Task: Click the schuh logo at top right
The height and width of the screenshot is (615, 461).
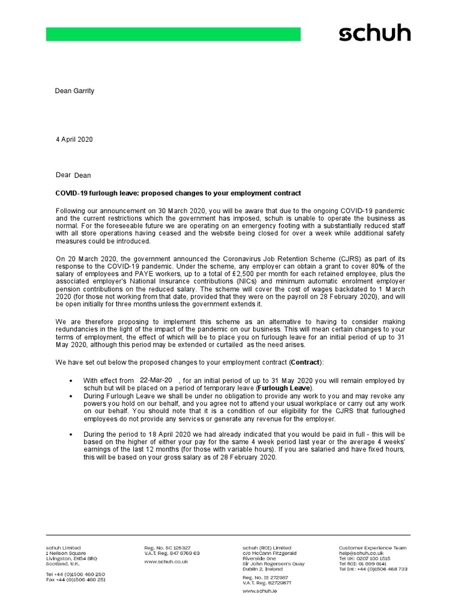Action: click(375, 33)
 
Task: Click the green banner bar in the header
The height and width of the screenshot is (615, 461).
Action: click(173, 34)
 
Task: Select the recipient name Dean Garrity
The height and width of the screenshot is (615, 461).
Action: click(74, 91)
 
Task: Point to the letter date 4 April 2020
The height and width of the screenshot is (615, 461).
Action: click(74, 139)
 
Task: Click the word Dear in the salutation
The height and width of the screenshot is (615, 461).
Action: click(63, 175)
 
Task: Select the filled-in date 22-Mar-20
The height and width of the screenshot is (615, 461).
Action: click(155, 380)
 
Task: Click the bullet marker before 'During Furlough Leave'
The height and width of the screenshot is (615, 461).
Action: click(72, 398)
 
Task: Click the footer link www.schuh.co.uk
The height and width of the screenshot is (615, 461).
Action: click(166, 562)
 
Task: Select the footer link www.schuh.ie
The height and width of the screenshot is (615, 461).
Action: click(259, 591)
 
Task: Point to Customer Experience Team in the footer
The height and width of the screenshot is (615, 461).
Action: click(372, 548)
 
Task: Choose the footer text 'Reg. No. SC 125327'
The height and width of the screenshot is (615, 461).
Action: click(167, 548)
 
